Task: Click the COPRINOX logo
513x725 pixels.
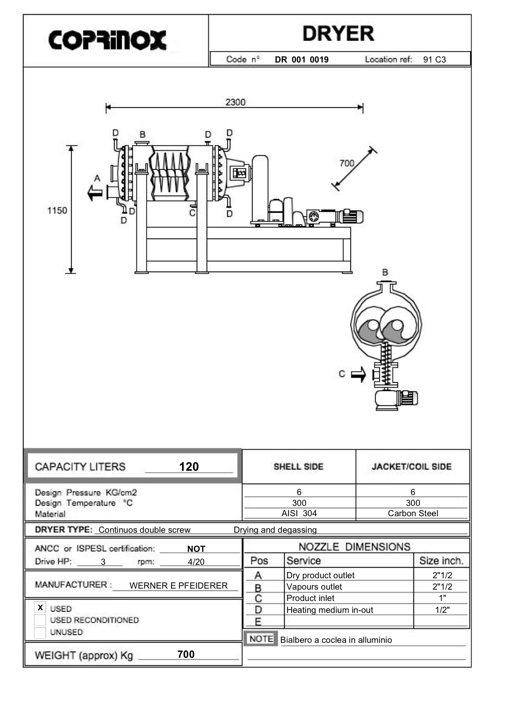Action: click(x=107, y=40)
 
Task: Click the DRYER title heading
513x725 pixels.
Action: click(x=338, y=34)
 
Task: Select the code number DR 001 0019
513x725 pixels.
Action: click(x=301, y=59)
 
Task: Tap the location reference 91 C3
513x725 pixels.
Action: click(x=434, y=59)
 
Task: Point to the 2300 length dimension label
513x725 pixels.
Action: click(x=235, y=102)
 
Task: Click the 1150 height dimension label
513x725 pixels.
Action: click(x=57, y=210)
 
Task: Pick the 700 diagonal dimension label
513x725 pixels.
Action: click(x=347, y=163)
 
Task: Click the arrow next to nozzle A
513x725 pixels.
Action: click(x=95, y=193)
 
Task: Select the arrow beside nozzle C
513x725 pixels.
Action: click(x=358, y=375)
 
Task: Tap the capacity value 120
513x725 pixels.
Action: click(x=189, y=467)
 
